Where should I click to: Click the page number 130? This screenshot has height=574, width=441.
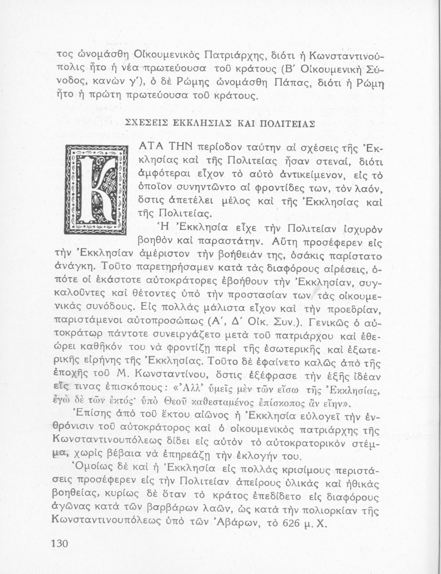(59, 544)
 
